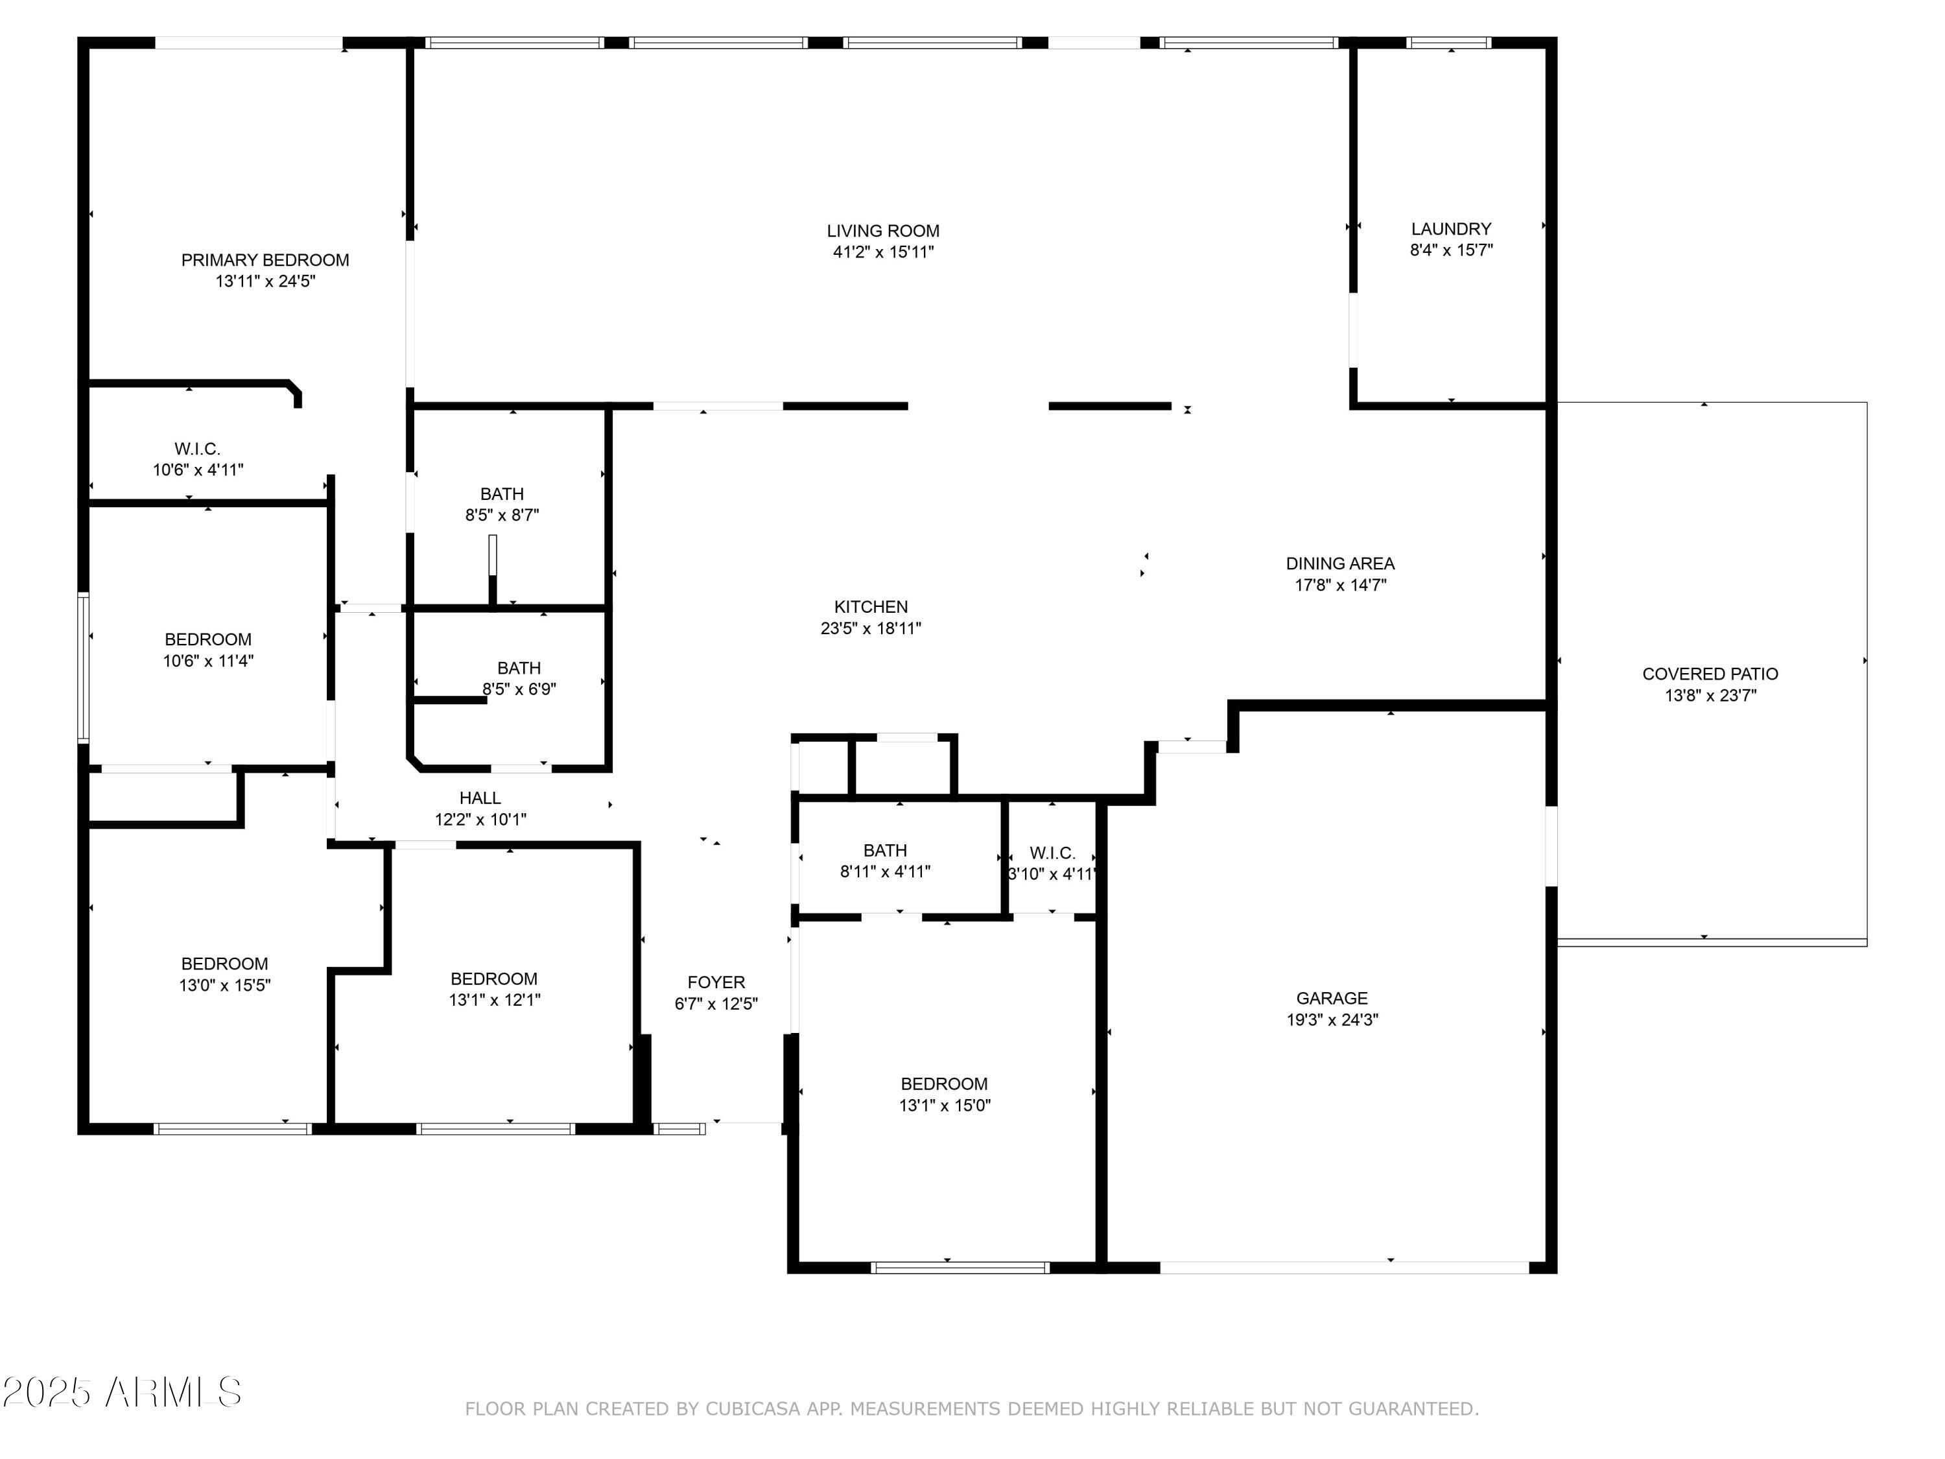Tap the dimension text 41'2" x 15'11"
click(883, 252)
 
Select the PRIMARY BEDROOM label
click(265, 260)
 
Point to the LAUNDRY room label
click(1451, 229)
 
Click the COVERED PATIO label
click(1710, 674)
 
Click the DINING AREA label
click(1339, 563)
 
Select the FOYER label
click(716, 982)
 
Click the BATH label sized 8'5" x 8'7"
click(501, 494)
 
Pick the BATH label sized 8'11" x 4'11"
click(884, 850)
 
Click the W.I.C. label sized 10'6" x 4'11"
click(197, 449)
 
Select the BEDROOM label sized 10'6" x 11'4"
click(207, 639)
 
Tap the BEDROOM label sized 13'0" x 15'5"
click(224, 964)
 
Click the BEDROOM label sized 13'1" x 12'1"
click(493, 979)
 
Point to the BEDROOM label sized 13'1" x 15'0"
click(943, 1084)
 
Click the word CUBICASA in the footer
click(753, 1409)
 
